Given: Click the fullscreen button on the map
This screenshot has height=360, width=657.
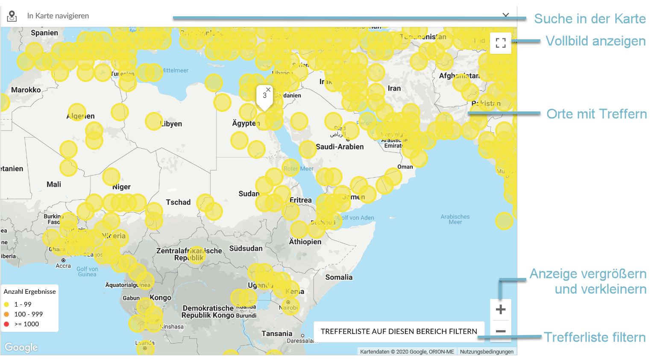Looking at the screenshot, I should pos(501,43).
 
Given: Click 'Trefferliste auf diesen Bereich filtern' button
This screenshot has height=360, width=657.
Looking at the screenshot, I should pos(399,331).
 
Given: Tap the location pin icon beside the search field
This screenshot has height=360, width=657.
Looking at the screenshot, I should pos(12,16).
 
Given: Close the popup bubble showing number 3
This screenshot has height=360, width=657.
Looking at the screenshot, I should pos(268,90).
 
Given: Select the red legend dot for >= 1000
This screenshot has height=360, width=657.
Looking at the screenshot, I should pos(6,324).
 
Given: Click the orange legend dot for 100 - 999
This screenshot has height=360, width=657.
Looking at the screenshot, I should pos(6,314).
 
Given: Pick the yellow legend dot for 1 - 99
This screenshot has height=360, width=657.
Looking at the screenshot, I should pos(6,304).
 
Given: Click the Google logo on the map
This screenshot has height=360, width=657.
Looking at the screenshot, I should pos(21,347).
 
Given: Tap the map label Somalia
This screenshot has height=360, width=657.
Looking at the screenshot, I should pos(339,277).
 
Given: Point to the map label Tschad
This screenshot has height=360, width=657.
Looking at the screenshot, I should pos(178,202).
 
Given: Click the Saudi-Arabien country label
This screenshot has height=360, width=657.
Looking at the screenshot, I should pos(340,146).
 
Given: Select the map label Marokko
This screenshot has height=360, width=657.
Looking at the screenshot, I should pos(26,90).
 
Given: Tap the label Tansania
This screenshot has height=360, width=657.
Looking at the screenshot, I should pos(277,334).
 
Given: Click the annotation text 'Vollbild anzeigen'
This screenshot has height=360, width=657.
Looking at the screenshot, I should pos(595,41).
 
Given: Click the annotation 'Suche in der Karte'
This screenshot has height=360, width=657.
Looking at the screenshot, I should pos(590,19).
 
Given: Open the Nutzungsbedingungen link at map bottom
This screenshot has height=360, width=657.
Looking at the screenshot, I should pos(487,352).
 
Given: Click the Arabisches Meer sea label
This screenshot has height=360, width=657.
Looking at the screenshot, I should pos(455,219).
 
